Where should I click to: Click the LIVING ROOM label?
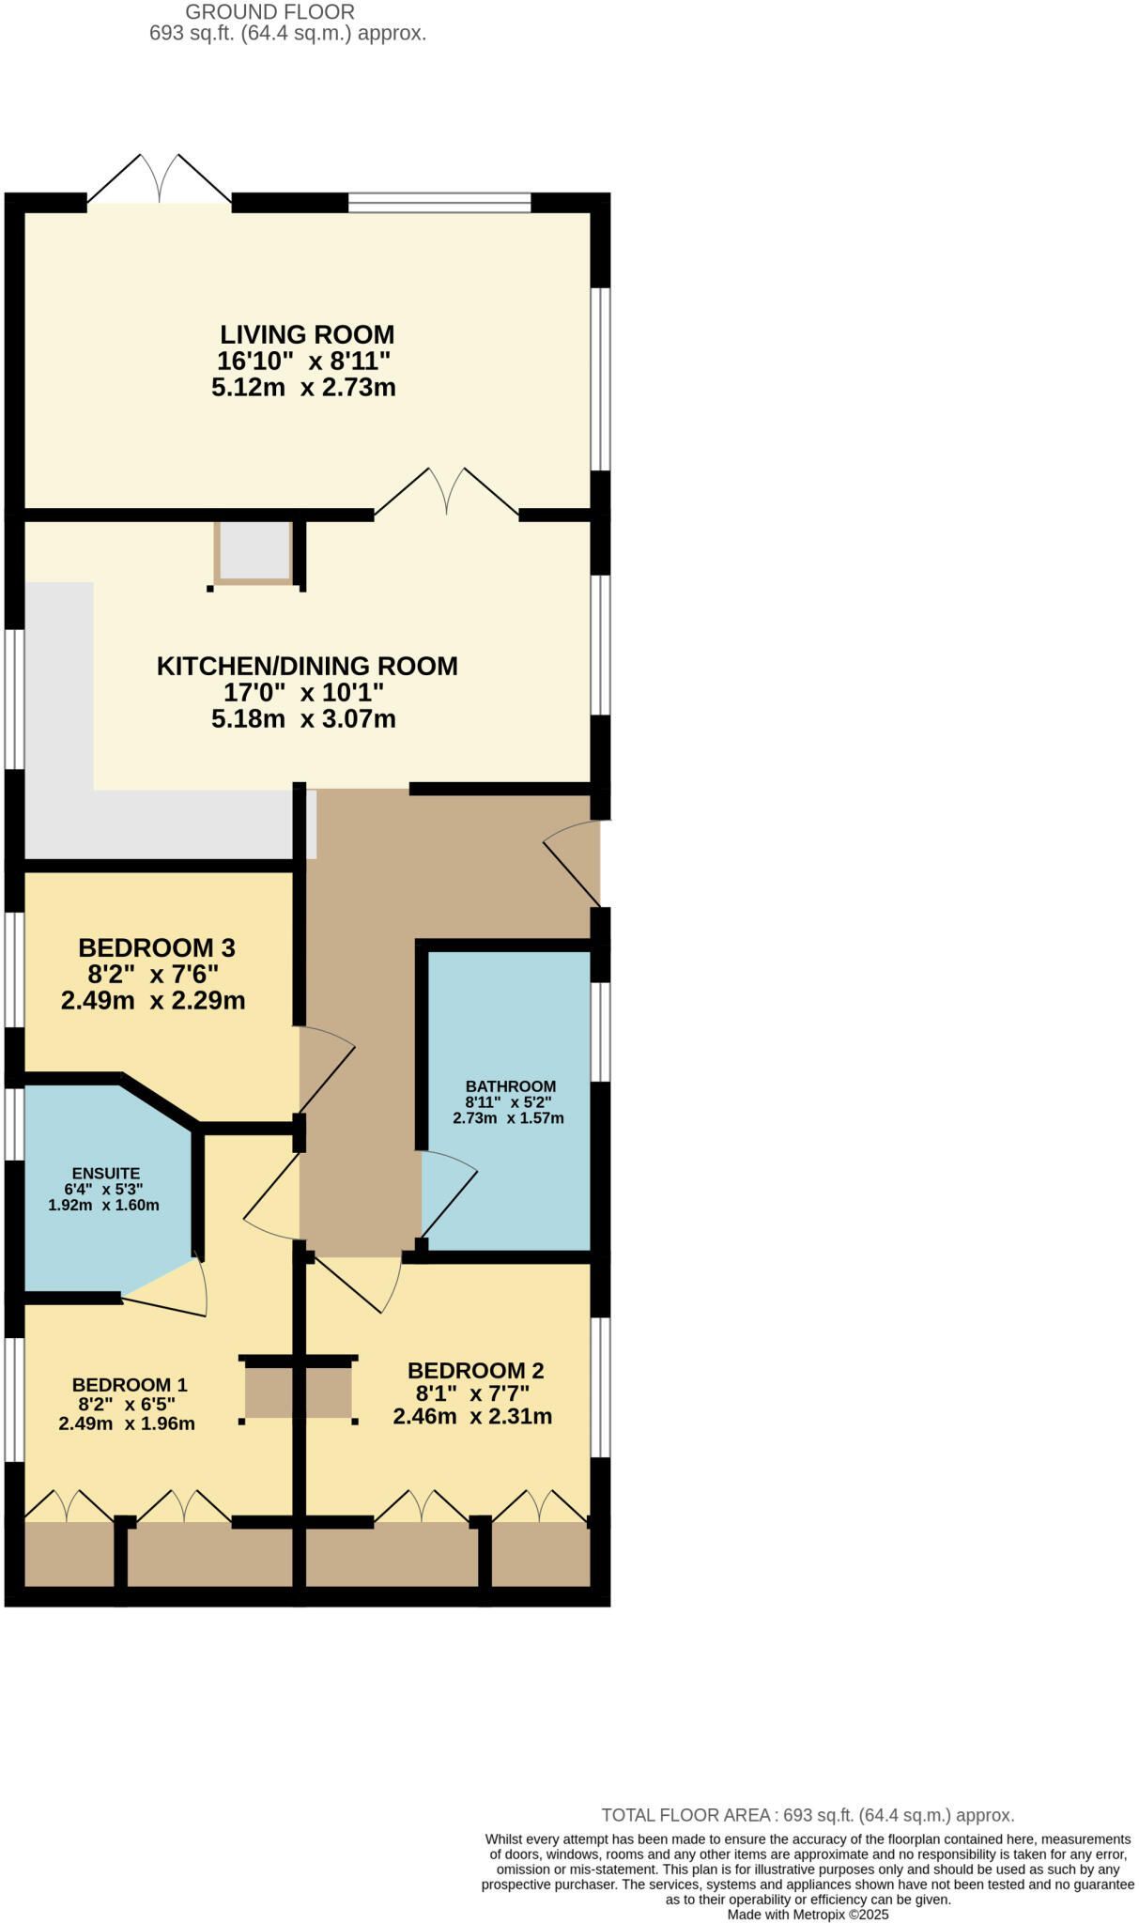[x=307, y=334]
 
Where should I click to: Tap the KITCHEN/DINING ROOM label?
[x=307, y=666]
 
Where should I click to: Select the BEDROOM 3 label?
[x=157, y=947]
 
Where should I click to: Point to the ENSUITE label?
[x=106, y=1173]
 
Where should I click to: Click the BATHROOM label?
[x=511, y=1086]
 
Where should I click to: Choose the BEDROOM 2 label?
[x=476, y=1371]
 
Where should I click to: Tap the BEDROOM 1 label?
[x=130, y=1385]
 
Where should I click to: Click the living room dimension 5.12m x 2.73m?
[x=303, y=388]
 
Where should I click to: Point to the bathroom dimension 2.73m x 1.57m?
[x=508, y=1118]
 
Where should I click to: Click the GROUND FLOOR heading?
[x=270, y=12]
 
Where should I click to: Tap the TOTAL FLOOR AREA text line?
[x=808, y=1815]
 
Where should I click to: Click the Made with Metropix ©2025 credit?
[x=808, y=1914]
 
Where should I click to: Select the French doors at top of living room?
[x=160, y=179]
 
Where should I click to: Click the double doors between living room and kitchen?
[x=447, y=492]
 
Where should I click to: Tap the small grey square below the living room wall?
[x=254, y=552]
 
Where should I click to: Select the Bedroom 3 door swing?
[x=328, y=1070]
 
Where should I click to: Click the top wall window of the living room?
[x=439, y=202]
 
